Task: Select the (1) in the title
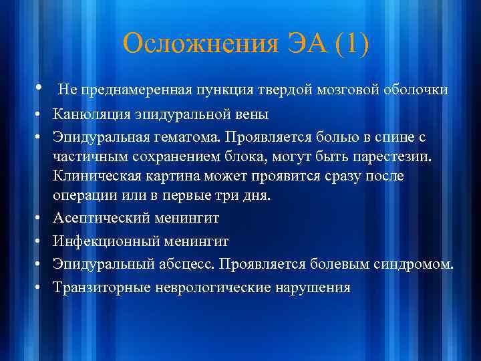(x=352, y=45)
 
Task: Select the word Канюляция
(x=94, y=114)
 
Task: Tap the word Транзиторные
(x=102, y=287)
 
